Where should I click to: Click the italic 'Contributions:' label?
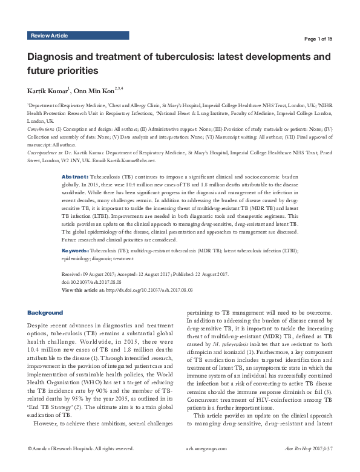[x=41, y=129]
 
